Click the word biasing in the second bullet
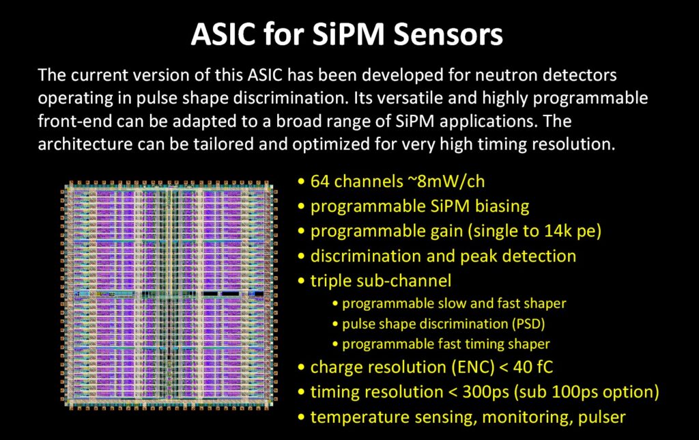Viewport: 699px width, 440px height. coord(505,206)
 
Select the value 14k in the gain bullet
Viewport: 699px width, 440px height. coord(547,231)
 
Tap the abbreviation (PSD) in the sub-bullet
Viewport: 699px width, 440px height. coord(527,323)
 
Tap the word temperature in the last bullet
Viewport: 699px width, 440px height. coord(352,417)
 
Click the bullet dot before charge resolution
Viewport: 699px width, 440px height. coord(302,368)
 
